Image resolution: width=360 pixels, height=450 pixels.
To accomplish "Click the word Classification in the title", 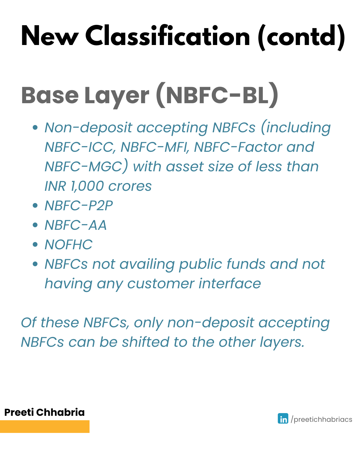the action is pos(167,35).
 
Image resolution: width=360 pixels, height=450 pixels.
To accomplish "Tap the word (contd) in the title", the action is pos(301,37).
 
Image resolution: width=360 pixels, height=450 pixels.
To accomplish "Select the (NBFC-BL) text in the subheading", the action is pos(217,95).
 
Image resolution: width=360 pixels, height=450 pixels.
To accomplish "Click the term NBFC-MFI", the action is pos(155,147).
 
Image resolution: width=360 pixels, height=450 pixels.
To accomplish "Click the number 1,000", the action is pos(87,186).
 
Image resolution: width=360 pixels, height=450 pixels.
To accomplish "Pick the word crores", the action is pos(130,186).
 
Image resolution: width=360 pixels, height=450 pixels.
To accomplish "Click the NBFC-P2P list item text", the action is pos(79,205).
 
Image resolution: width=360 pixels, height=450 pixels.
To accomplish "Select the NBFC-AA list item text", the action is pos(76,225).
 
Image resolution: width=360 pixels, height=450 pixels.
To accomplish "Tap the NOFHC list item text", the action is pos(68,244).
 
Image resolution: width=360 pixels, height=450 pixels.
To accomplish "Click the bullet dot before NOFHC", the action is pos(35,244).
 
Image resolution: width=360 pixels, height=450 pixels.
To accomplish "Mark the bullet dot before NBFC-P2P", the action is pos(35,205).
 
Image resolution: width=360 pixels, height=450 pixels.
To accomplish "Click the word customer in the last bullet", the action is pos(161,284).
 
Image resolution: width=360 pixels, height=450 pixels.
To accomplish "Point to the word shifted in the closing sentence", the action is pos(145,342).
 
